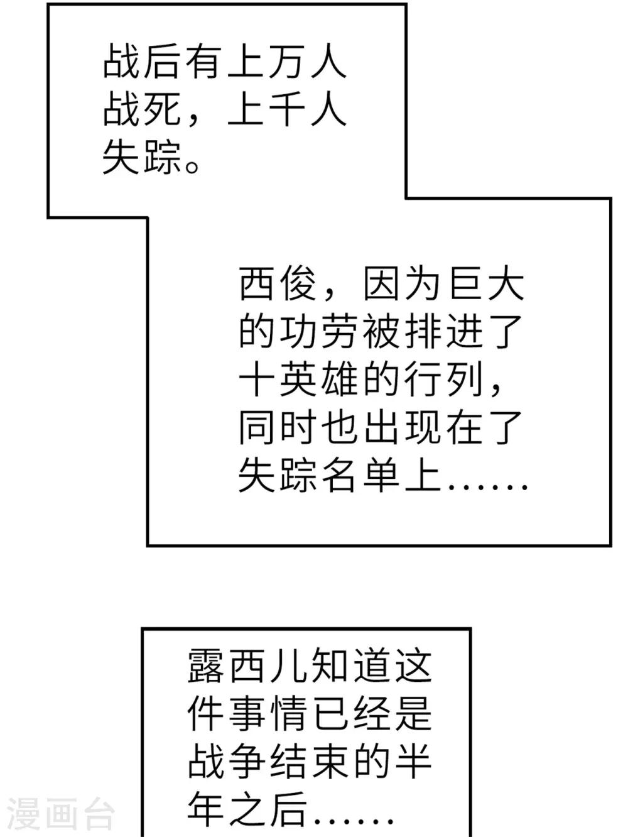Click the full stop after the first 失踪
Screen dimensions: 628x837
(192, 167)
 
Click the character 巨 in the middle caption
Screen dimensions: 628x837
(464, 285)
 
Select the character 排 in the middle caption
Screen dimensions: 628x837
(423, 332)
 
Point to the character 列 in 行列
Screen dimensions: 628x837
(464, 380)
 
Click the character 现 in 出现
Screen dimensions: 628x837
(423, 427)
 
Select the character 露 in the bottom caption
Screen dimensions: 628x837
(205, 654)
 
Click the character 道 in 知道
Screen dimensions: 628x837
(372, 654)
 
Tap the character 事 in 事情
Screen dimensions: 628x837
(247, 702)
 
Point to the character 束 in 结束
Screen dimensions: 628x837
(330, 749)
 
